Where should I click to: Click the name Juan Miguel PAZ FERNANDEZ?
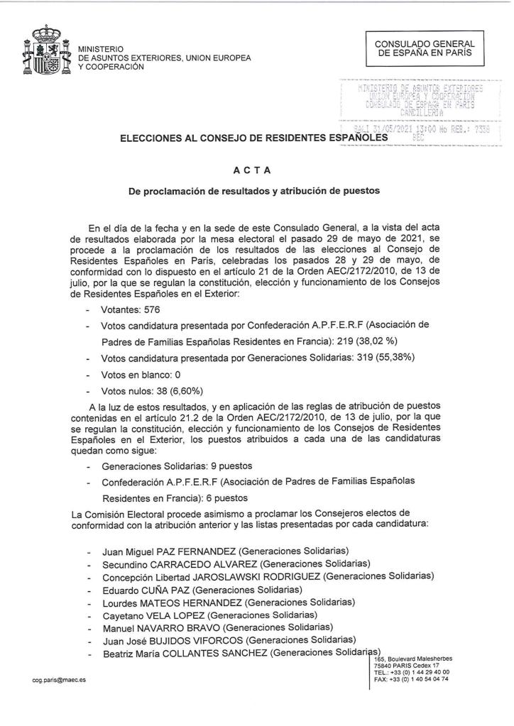point(168,551)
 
